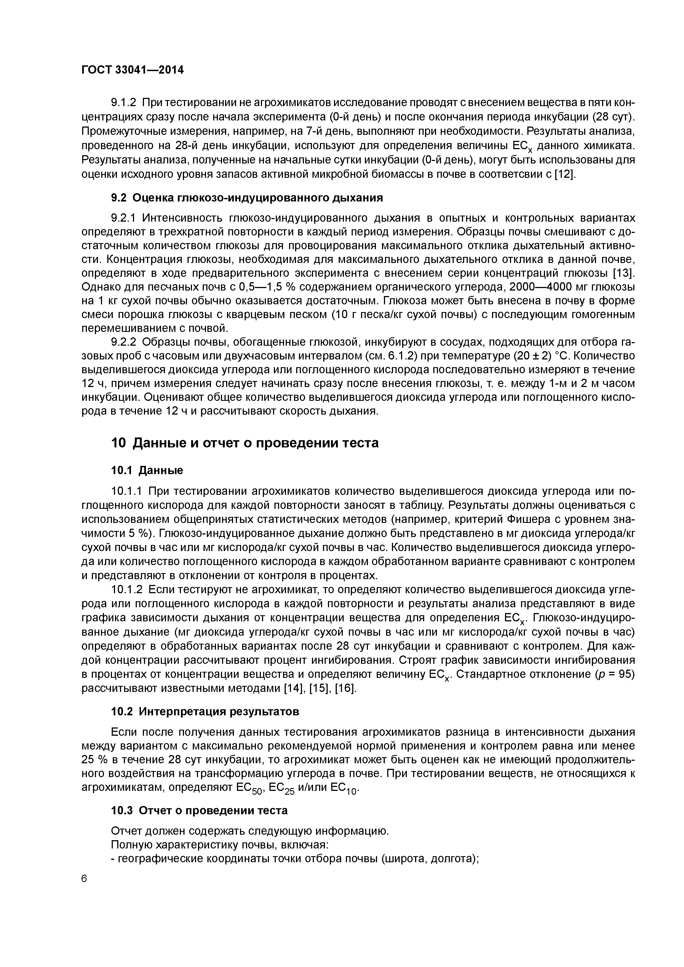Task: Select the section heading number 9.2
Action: click(119, 198)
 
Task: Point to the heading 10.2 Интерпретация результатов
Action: click(205, 711)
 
